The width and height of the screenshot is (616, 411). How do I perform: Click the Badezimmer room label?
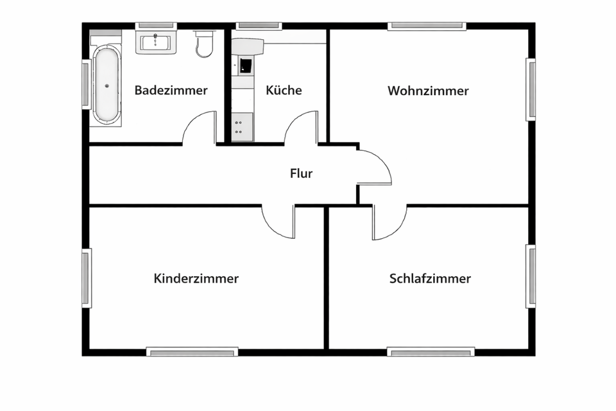coord(171,91)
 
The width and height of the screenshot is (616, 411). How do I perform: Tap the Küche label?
coord(284,91)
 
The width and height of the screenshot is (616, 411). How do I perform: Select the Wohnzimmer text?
coord(428,91)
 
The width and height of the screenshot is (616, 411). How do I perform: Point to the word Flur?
coord(301,173)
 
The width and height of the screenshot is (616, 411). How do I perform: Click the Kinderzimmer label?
coord(196,279)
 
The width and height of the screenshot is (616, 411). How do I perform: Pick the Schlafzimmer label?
coord(430,279)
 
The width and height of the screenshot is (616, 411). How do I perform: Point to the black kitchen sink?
coord(246,65)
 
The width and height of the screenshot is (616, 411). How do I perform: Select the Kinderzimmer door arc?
coord(279,221)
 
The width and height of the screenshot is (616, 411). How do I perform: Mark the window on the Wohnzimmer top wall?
coord(427,26)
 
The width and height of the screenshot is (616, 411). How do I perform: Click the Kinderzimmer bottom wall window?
coord(193,351)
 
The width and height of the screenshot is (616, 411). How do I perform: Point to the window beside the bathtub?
coord(85,84)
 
